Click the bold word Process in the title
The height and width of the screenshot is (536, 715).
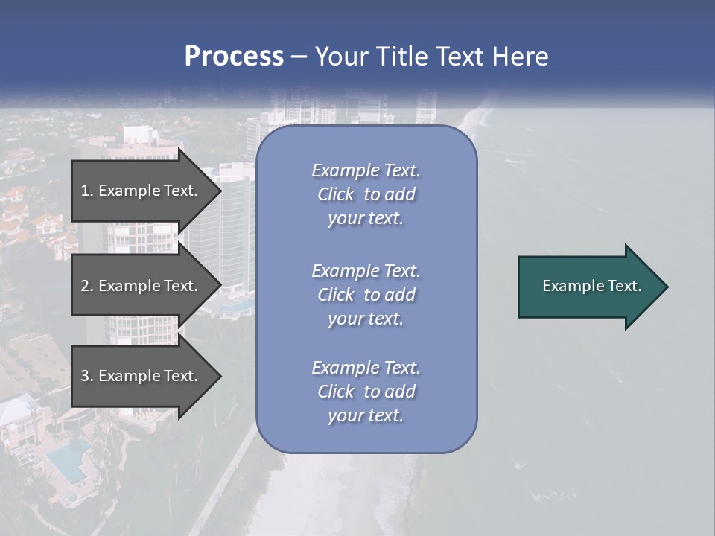pos(234,57)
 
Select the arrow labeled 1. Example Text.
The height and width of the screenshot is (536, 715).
pos(142,191)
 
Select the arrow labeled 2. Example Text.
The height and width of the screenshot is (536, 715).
pos(142,286)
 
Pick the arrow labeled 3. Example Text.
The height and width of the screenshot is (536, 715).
pos(142,376)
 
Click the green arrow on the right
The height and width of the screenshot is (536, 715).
pos(588,287)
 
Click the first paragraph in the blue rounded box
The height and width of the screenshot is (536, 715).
pos(366,194)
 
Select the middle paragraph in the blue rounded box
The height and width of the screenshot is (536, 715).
pos(366,295)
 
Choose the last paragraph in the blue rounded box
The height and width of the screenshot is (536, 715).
pos(366,392)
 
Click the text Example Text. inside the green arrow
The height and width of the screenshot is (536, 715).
pos(591,286)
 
